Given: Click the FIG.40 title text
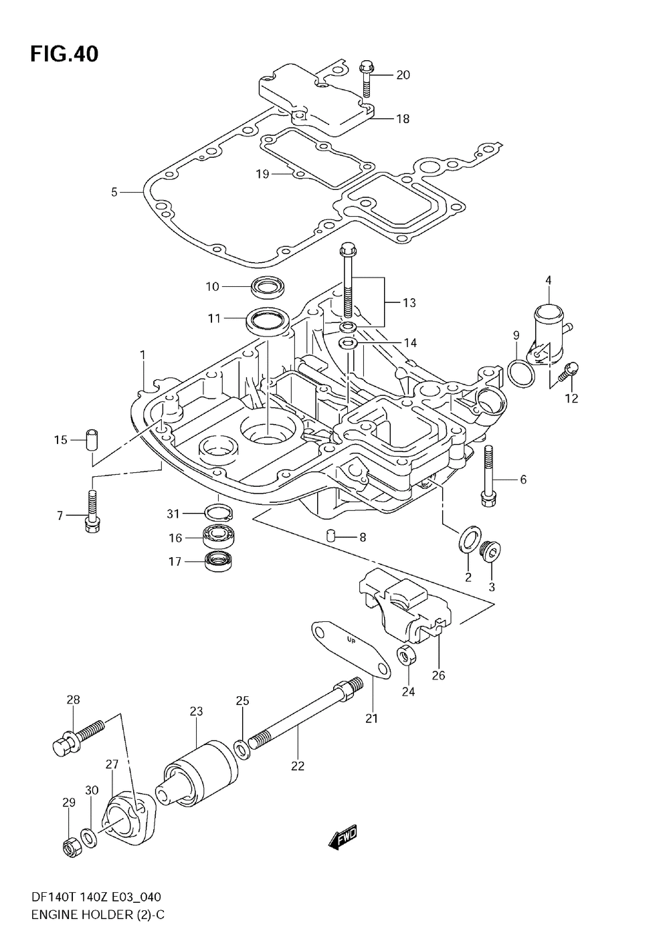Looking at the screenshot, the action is [64, 55].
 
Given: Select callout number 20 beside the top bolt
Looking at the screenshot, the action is [403, 75].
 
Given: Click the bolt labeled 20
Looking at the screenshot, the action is [366, 79].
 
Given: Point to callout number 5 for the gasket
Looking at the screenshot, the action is [114, 193].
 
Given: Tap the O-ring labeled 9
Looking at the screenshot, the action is [521, 373].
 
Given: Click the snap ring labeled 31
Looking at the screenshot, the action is [219, 513].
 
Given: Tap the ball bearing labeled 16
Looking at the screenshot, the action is [219, 537].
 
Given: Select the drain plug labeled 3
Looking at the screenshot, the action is [491, 551].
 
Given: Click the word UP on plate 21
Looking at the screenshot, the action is [351, 651].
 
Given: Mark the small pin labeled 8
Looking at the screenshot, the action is [331, 536].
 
